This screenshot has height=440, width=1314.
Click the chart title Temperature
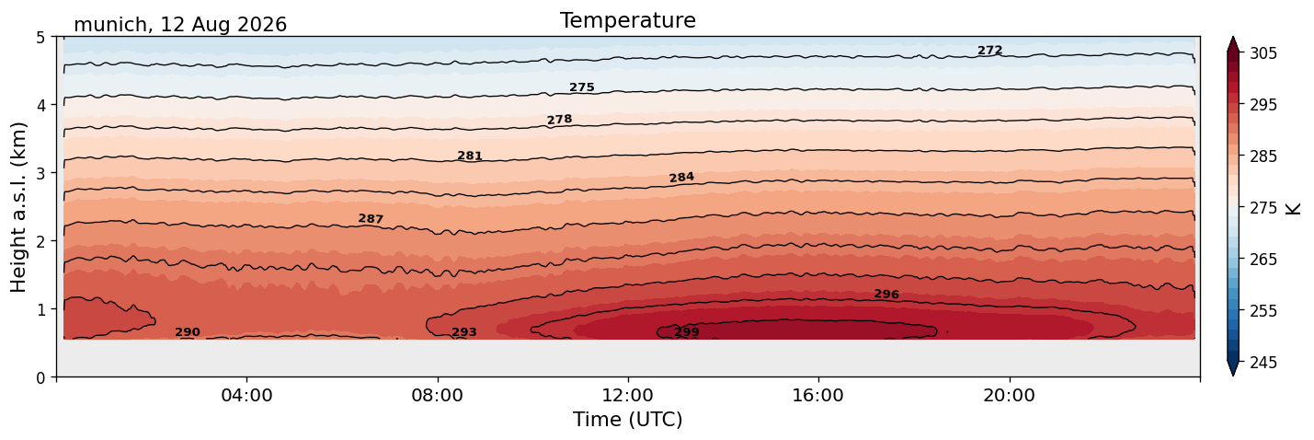628,20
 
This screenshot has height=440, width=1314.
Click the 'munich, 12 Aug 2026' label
180,25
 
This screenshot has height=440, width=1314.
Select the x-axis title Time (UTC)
628,420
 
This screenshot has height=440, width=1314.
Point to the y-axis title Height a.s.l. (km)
18,207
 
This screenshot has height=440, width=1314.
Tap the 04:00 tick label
247,395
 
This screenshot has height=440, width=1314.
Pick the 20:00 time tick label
1009,395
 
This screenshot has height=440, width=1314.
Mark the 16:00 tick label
818,395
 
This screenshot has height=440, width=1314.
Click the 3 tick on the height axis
40,173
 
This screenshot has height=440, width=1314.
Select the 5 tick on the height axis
40,38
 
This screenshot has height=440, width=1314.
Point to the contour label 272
989,51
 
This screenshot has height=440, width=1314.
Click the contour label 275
582,87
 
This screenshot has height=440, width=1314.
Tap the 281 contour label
470,156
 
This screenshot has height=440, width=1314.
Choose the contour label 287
371,218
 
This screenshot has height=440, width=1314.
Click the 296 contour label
886,294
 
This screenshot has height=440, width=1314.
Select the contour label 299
687,332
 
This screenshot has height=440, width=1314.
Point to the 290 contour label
188,332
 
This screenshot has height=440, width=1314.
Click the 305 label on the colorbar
1263,53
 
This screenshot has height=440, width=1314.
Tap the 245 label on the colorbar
1263,363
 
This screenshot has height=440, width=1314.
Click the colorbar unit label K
1293,208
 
